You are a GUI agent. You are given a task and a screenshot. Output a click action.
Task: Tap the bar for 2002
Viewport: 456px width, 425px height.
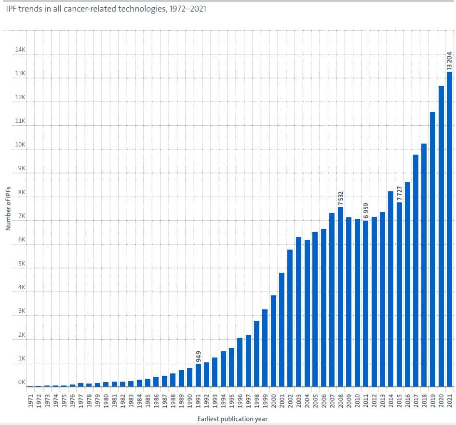pos(290,318)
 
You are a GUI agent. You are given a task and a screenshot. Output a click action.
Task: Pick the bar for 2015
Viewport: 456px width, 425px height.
pos(399,294)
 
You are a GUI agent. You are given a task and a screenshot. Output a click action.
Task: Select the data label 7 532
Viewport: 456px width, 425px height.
pos(341,198)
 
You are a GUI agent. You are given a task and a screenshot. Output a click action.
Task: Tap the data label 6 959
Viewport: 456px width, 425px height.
pos(366,211)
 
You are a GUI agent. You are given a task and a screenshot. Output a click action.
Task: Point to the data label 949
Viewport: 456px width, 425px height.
pos(198,357)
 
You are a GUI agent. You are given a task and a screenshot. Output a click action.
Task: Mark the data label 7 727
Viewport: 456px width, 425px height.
pos(399,193)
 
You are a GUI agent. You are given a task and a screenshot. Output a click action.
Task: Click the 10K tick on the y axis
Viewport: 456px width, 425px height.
pos(21,145)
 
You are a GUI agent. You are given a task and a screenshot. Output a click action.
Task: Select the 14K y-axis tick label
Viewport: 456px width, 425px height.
pos(21,50)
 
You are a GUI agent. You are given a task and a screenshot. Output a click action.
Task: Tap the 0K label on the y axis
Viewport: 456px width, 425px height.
pos(22,382)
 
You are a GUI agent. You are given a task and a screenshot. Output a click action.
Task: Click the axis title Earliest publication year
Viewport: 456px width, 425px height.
pos(232,419)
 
